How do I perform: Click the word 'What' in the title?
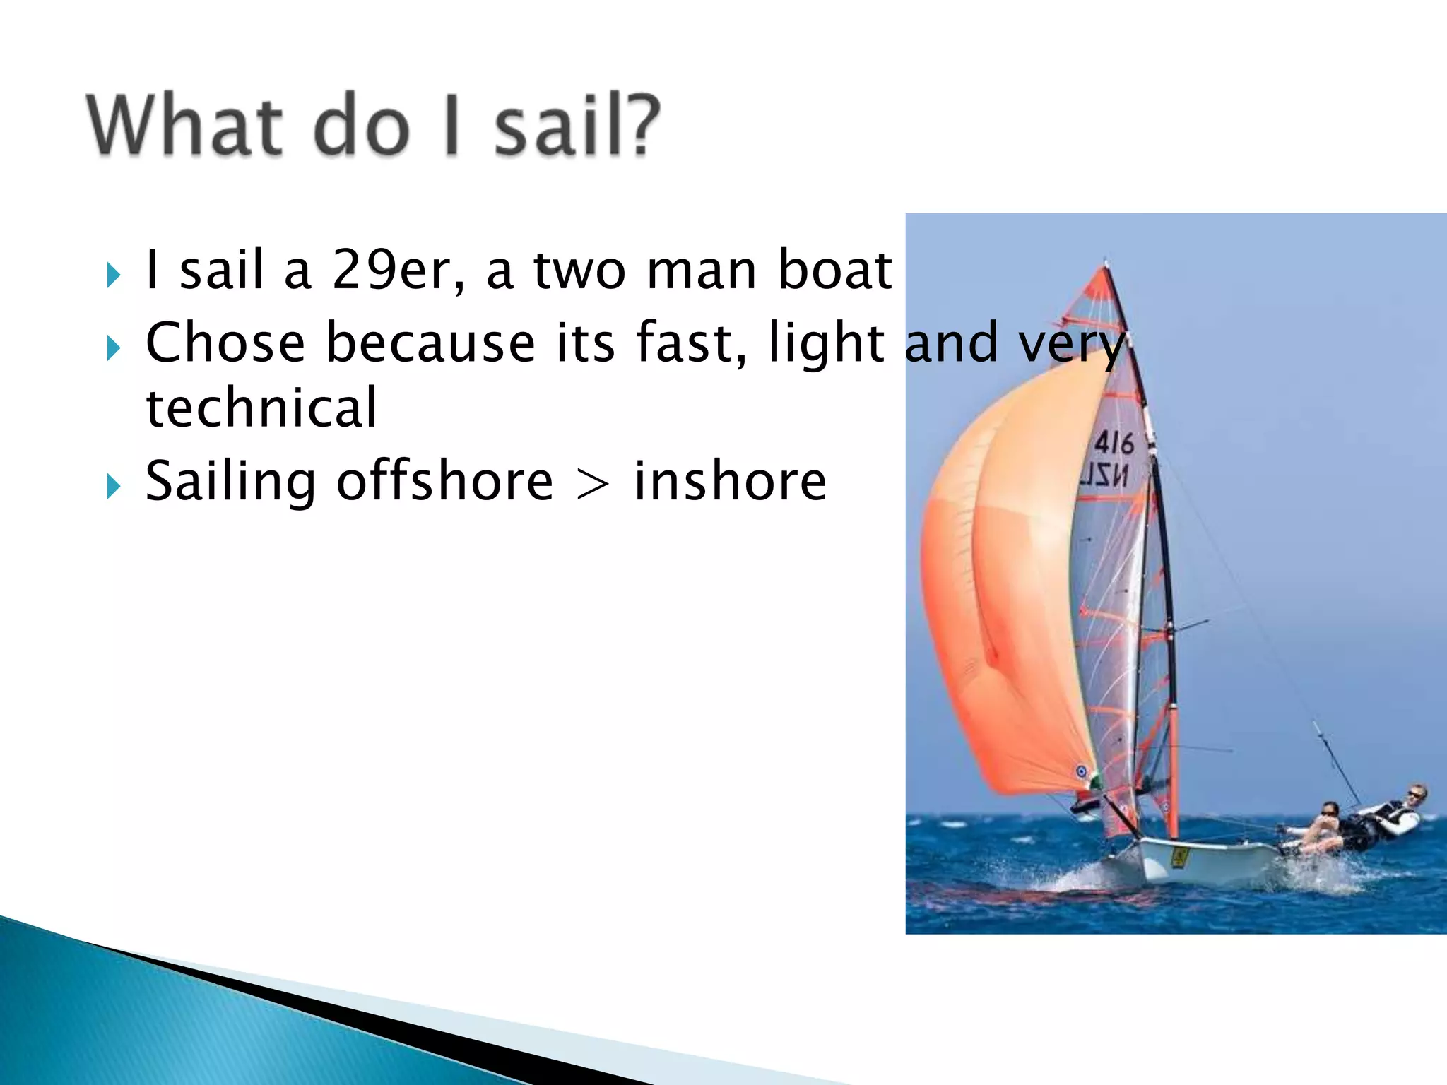coord(185,125)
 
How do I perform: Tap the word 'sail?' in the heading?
coord(576,125)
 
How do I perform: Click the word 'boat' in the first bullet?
coord(834,270)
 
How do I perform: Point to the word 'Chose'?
coord(225,343)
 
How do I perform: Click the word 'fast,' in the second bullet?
coord(692,343)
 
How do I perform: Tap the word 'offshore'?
coord(444,482)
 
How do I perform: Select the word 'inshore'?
coord(730,482)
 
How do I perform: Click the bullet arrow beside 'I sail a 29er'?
coord(113,275)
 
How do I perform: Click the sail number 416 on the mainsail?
coord(1114,444)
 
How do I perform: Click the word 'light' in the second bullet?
coord(826,343)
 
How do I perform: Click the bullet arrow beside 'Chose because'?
coord(113,348)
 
